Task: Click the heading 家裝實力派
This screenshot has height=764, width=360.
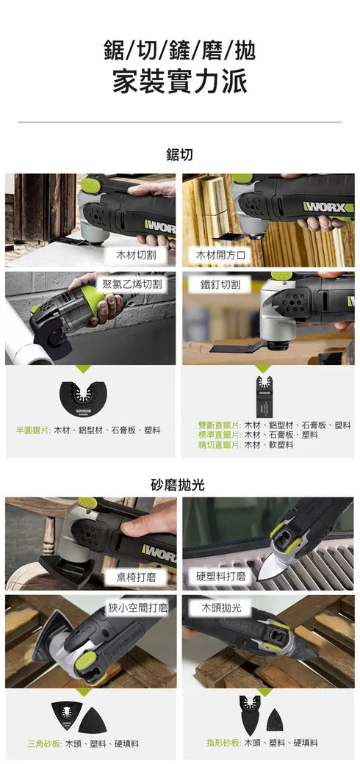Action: pos(179,81)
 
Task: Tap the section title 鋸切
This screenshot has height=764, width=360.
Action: pos(179,155)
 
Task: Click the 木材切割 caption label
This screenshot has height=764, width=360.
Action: pos(140,256)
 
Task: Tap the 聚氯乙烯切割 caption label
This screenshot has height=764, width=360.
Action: pos(132,284)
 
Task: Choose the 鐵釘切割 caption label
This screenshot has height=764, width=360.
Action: pos(226,284)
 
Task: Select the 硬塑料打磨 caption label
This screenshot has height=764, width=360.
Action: pos(221,577)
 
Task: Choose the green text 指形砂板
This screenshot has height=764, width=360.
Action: pos(223,743)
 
